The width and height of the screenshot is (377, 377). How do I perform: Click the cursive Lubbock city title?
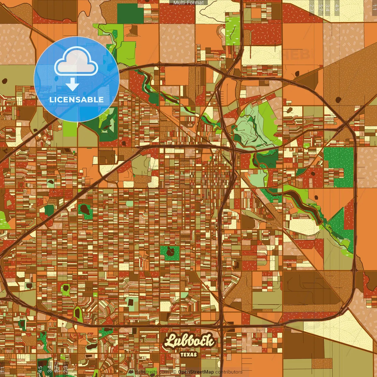(189, 341)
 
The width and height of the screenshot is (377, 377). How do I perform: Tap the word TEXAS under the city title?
(189, 355)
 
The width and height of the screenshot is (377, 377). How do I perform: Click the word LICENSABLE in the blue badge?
(77, 100)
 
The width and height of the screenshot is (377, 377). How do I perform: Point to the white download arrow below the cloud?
(72, 84)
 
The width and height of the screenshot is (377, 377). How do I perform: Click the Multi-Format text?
(188, 3)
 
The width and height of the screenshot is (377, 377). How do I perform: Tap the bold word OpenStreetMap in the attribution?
(196, 372)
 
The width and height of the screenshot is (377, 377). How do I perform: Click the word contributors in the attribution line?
(229, 372)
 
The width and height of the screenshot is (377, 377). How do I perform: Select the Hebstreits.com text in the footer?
(152, 372)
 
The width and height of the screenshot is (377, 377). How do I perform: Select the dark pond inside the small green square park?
(170, 252)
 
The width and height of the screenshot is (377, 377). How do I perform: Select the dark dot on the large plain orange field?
(338, 100)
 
